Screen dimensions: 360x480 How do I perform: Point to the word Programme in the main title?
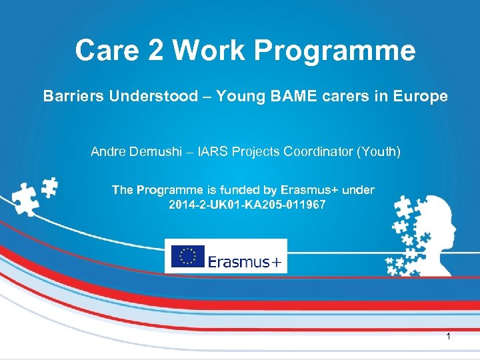point(344,51)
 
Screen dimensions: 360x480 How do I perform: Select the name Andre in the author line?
point(108,152)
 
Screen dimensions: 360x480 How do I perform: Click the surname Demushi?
point(155,152)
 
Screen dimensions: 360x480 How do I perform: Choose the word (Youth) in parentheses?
point(379,152)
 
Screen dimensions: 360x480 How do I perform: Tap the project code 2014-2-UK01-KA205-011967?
point(247,205)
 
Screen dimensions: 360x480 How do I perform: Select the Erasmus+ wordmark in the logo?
point(245,261)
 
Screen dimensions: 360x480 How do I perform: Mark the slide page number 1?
point(448,337)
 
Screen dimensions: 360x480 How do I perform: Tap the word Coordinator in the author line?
point(316,152)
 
